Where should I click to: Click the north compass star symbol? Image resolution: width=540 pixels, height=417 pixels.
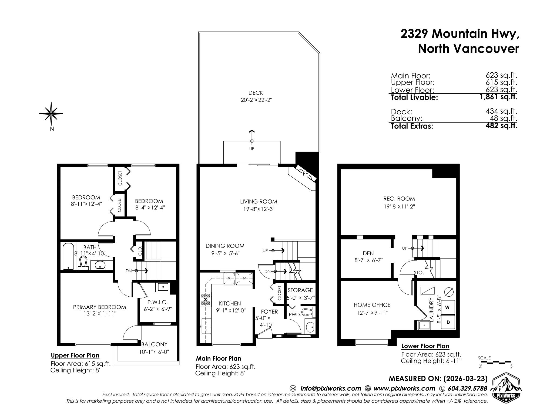coord(51,114)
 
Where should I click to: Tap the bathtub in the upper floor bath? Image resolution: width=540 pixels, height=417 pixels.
coord(68,256)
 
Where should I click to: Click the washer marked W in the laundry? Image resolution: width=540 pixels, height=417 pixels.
coord(448,308)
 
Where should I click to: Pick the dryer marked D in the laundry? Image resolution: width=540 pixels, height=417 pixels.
coord(448,322)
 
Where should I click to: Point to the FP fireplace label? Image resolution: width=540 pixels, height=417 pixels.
coord(305,174)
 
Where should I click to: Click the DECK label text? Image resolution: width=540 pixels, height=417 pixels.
coord(256,93)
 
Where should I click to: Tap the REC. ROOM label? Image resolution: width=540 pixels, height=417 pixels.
coord(399,199)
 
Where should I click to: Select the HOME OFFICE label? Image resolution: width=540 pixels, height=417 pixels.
coord(372,305)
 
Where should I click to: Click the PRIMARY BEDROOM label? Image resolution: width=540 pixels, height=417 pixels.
coord(99,307)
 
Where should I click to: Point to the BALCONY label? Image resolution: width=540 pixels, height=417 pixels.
coord(155,344)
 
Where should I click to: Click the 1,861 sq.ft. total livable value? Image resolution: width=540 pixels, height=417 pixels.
coord(498,97)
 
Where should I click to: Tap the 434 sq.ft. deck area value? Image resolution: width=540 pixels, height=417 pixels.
coord(501,111)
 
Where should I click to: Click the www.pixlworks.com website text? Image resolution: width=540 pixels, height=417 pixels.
coord(404,388)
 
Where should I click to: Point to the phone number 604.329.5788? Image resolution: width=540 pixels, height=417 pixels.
coord(467,388)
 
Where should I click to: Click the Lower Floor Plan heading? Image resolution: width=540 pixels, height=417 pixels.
coord(425,346)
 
